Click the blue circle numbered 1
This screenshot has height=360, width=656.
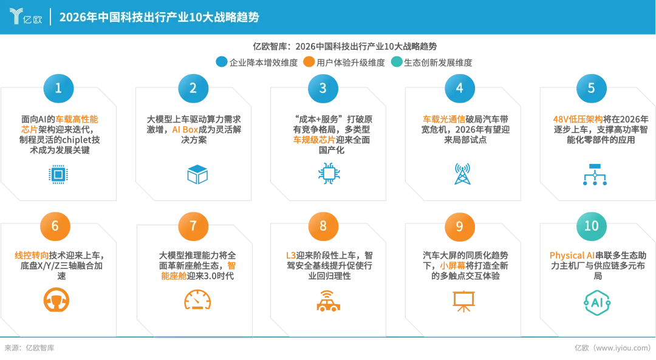[x=58, y=88]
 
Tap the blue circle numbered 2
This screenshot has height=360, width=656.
[x=193, y=88]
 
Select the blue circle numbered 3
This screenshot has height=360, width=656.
[x=323, y=88]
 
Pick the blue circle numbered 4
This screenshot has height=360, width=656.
[x=459, y=88]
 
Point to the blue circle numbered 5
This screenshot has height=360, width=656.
[x=591, y=88]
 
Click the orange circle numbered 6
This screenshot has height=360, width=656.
[x=55, y=226]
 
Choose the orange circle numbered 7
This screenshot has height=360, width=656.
[x=193, y=226]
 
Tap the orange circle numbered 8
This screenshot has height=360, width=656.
[x=323, y=226]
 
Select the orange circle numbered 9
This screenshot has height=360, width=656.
[x=459, y=226]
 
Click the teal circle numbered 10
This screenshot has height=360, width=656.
[x=591, y=226]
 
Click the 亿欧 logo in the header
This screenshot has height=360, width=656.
[x=26, y=16]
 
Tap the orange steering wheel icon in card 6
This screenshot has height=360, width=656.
[x=57, y=299]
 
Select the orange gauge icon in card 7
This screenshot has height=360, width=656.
[x=197, y=299]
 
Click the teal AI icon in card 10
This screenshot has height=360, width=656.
[x=597, y=302]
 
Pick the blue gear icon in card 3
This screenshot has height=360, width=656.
[x=328, y=173]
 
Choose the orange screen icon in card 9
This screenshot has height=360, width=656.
[x=464, y=301]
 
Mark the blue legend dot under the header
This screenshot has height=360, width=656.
[x=222, y=61]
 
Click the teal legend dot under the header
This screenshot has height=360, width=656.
[x=397, y=61]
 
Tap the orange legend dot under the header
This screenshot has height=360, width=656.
[x=309, y=61]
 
